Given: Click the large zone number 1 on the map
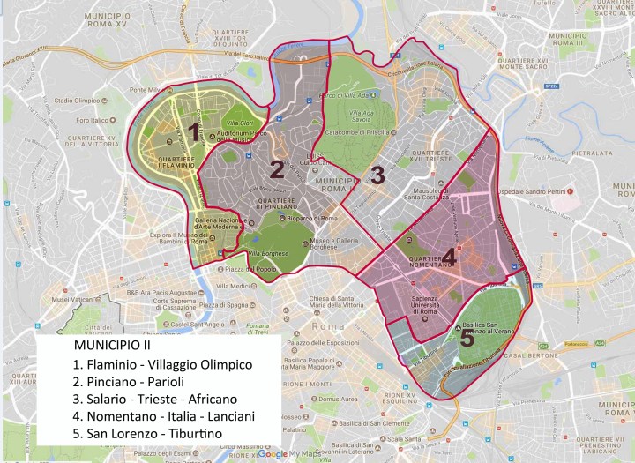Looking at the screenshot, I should pos(191,133).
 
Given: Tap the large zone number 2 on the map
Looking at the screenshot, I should pos(276,168).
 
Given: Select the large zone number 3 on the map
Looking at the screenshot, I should pos(377,175).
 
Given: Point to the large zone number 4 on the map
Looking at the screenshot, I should pos(449,257).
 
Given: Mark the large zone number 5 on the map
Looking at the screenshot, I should pos(467,338).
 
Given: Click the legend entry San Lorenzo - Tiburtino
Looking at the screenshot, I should pos(147,435).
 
